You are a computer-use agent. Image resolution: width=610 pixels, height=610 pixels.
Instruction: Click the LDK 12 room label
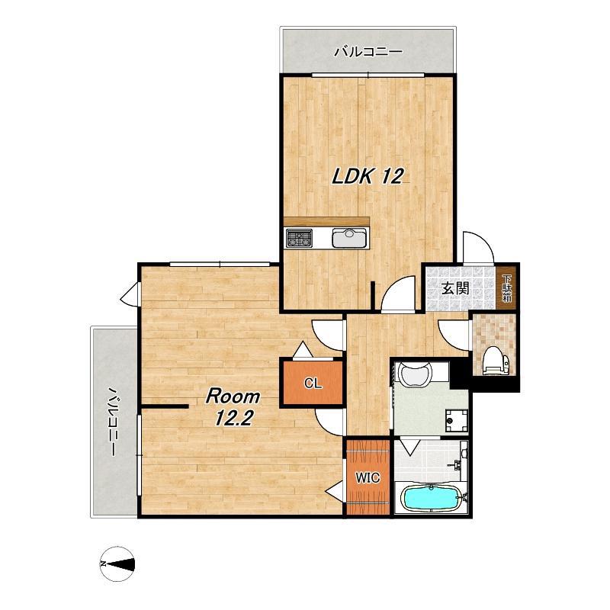368,176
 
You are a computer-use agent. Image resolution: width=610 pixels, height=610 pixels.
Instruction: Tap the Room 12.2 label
233,407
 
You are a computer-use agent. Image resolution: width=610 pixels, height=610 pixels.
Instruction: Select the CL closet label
313,384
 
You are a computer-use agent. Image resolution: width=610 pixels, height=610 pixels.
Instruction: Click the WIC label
368,477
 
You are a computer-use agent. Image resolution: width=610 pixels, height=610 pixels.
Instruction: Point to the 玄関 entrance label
455,288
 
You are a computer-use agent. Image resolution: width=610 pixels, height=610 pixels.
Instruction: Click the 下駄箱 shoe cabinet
506,288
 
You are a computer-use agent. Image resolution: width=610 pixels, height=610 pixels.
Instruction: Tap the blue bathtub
431,499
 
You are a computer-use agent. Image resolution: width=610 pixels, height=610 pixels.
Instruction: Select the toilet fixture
495,361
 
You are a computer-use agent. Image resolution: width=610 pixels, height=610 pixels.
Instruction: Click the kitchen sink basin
349,238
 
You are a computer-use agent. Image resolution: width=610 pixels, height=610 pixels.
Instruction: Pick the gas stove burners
299,238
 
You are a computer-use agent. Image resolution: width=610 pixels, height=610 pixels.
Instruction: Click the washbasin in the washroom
416,373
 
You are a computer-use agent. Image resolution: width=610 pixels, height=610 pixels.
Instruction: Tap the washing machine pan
456,421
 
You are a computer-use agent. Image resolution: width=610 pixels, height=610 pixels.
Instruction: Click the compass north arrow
117,563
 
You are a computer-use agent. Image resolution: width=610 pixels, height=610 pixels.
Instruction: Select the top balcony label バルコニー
368,52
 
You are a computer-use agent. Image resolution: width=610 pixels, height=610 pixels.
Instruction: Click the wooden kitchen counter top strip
326,222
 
